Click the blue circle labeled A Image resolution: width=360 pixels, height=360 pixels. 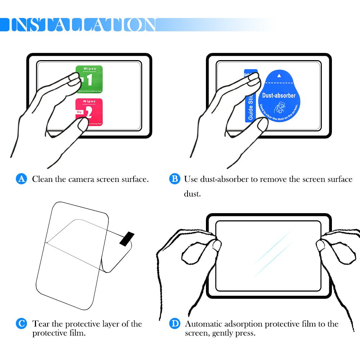point(22,179)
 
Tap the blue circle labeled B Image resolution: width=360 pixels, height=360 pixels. point(175,179)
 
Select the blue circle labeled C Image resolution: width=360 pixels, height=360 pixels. point(22,324)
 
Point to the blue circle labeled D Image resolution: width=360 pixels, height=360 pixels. point(175,324)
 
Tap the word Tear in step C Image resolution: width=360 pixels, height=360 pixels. point(40,324)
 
